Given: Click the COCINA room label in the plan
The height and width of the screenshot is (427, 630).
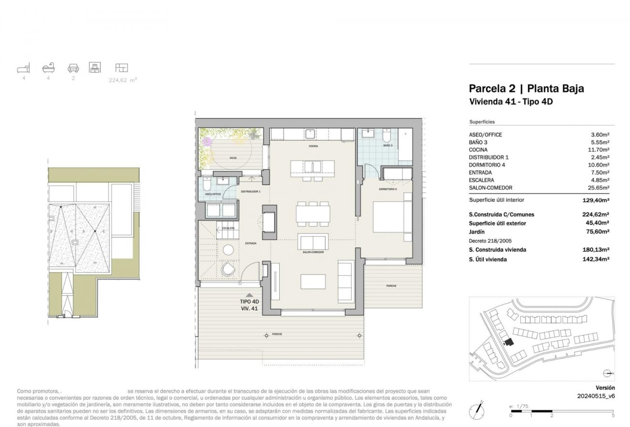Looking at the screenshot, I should coord(313,146).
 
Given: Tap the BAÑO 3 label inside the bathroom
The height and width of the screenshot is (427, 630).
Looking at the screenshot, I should coord(387,145).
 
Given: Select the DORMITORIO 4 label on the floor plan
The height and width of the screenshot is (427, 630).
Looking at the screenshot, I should coord(388,189).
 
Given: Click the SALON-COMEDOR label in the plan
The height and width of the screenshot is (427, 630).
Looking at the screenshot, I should coord(313,252).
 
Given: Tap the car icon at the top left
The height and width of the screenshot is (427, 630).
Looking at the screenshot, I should coord(73,68).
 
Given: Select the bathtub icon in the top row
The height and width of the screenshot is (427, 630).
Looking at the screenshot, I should coord(49,68).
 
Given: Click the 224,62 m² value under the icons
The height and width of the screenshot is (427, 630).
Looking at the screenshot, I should coord(123,80).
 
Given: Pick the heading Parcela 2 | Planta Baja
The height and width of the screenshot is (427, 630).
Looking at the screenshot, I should coord(526,88).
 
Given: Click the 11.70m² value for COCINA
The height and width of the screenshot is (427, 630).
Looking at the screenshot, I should coord(600,150).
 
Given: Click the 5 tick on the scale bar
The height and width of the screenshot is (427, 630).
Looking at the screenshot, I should coord(613,415).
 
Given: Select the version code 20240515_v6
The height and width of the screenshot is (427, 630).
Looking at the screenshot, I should coord(596,396).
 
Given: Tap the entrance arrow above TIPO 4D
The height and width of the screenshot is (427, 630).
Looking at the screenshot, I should coord(249,295).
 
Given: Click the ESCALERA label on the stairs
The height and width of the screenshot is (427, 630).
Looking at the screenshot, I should coord(228,228).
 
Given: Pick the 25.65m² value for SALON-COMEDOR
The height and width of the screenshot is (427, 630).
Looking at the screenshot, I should coord(600,188).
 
